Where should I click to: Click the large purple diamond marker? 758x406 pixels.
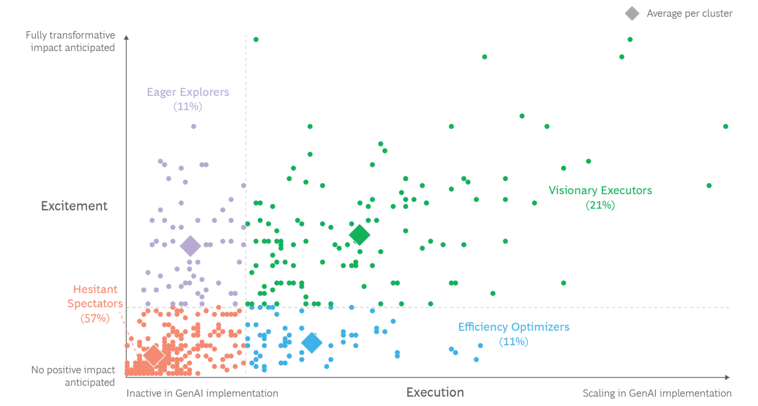[190, 245]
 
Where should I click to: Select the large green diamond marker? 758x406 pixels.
[360, 235]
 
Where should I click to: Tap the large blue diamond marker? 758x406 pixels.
[312, 343]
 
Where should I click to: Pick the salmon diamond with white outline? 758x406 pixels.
[153, 355]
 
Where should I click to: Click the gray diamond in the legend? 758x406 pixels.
[632, 14]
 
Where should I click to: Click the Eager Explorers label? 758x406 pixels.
[189, 92]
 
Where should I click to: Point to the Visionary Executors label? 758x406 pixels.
[600, 191]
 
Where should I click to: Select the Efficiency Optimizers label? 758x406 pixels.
[514, 328]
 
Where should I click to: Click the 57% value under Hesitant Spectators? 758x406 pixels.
[95, 318]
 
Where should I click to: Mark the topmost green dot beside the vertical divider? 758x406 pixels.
[256, 38]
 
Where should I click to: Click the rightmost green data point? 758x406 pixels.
[726, 126]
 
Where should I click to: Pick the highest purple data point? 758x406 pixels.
[193, 126]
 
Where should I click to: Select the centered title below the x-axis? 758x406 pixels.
[435, 393]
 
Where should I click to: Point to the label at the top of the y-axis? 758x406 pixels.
[72, 42]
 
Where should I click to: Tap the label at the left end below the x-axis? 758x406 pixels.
[202, 394]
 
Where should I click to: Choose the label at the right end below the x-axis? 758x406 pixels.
[656, 394]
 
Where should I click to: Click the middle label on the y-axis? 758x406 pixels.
[74, 204]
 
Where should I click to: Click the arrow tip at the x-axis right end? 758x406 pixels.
[727, 377]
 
